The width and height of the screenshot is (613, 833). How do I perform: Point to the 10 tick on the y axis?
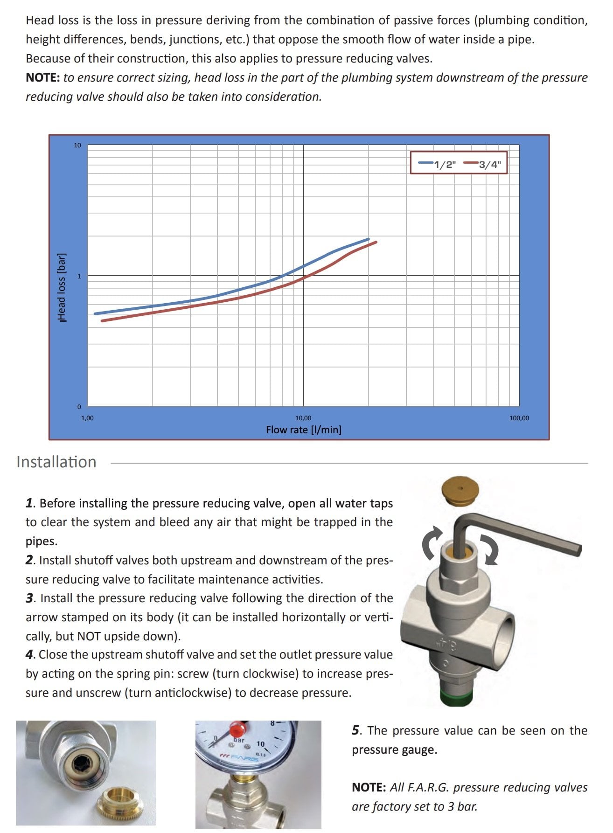77,146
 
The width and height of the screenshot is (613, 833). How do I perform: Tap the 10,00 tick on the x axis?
303,418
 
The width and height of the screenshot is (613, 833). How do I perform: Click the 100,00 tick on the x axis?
519,418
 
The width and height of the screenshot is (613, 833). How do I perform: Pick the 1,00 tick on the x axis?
87,418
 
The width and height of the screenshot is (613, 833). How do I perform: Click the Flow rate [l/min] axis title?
303,430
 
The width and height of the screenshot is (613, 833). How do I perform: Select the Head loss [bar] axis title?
62,287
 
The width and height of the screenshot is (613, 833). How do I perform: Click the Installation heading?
56,462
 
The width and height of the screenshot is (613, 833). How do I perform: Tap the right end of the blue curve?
369,239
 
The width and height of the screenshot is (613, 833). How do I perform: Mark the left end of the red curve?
102,321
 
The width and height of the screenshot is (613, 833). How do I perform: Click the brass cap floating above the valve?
460,489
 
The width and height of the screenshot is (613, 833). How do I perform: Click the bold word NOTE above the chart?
42,78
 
